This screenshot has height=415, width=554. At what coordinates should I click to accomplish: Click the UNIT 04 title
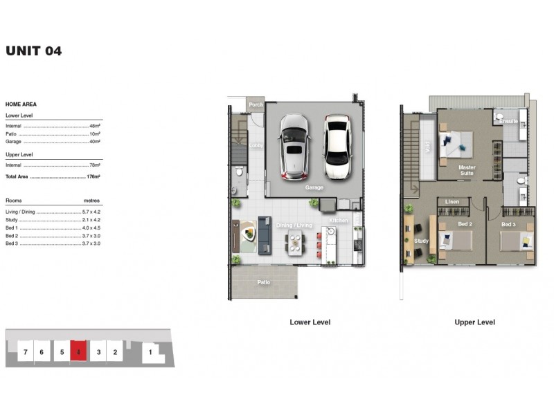[33, 50]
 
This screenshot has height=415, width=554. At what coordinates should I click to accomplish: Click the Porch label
[256, 105]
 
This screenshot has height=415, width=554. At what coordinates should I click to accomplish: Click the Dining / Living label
[294, 225]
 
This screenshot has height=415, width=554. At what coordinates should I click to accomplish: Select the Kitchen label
[338, 220]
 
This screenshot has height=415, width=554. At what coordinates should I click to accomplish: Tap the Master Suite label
[467, 169]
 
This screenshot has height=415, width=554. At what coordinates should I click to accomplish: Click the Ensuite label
[509, 120]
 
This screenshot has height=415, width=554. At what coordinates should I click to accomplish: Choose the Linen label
[452, 201]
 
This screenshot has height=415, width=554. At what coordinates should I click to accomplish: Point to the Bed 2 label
[465, 224]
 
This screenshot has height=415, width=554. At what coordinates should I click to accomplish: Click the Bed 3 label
[509, 224]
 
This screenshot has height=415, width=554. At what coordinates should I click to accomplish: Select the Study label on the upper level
[421, 241]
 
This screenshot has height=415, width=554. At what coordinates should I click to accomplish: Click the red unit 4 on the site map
[79, 352]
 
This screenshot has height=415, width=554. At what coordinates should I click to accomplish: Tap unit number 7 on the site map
[26, 352]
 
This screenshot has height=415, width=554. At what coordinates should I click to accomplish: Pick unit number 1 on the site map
[150, 352]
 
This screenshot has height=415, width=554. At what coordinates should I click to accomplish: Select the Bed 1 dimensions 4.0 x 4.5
[91, 228]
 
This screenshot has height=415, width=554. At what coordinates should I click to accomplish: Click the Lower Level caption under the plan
[310, 322]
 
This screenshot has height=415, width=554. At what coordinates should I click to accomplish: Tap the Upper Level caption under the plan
[474, 322]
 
